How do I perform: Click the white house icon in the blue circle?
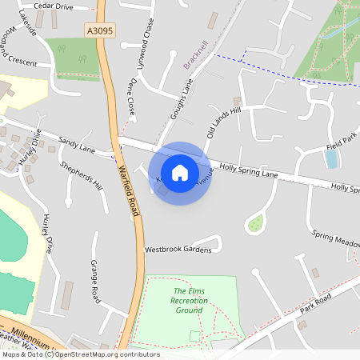tap(180, 173)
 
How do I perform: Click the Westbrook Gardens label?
tap(178, 250)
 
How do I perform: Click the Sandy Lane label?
tap(76, 143)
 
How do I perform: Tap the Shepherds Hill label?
tap(82, 176)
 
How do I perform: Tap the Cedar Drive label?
tap(54, 6)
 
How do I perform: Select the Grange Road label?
tap(95, 281)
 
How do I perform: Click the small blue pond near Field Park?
tap(331, 158)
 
